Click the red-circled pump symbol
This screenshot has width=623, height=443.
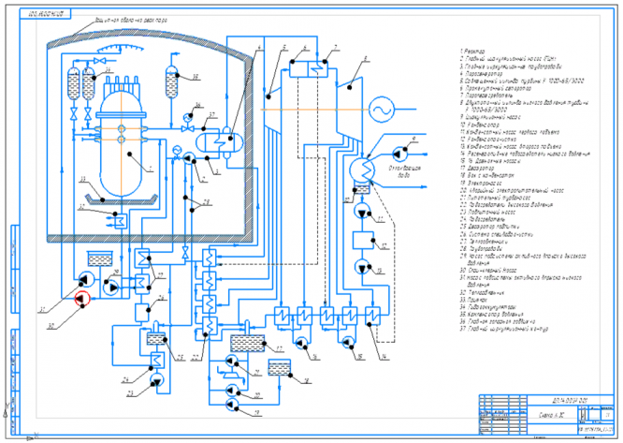(80, 299)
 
